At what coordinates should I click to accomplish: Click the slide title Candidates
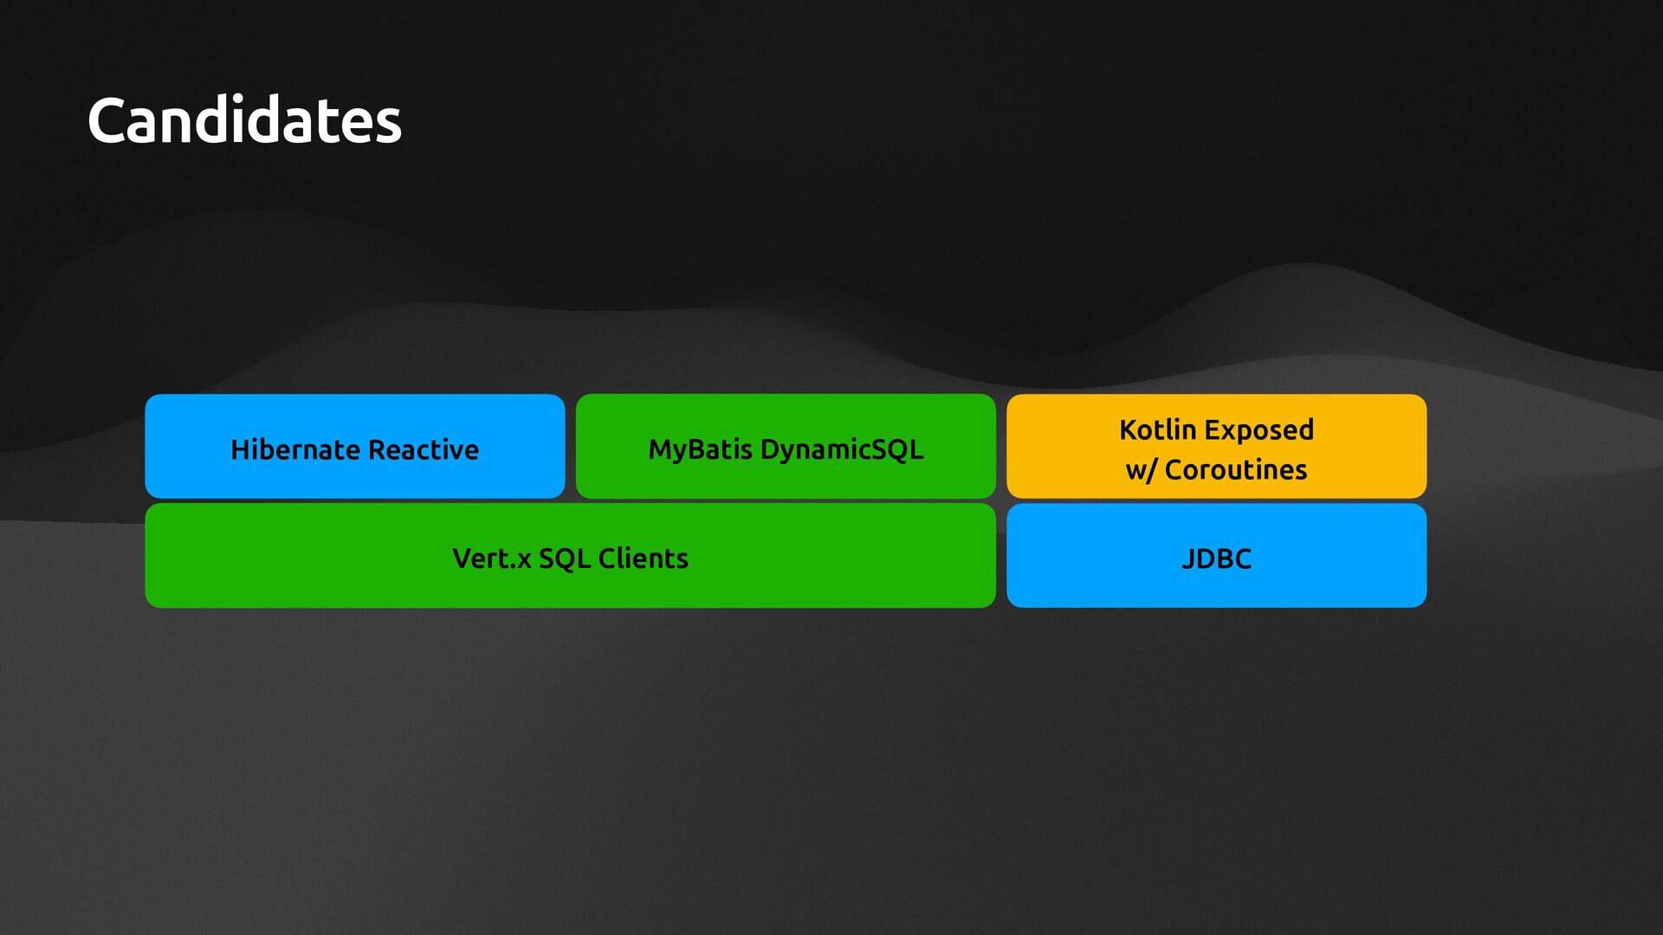[244, 120]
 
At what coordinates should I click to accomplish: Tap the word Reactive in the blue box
[424, 450]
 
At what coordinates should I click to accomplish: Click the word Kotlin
[1157, 430]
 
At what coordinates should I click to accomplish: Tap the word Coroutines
[1235, 470]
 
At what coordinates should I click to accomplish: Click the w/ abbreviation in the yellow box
[1141, 471]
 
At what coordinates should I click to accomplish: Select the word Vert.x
[491, 559]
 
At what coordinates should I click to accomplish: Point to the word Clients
[643, 559]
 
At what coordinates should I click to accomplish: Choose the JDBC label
[1216, 559]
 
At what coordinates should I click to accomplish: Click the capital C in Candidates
[110, 121]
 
